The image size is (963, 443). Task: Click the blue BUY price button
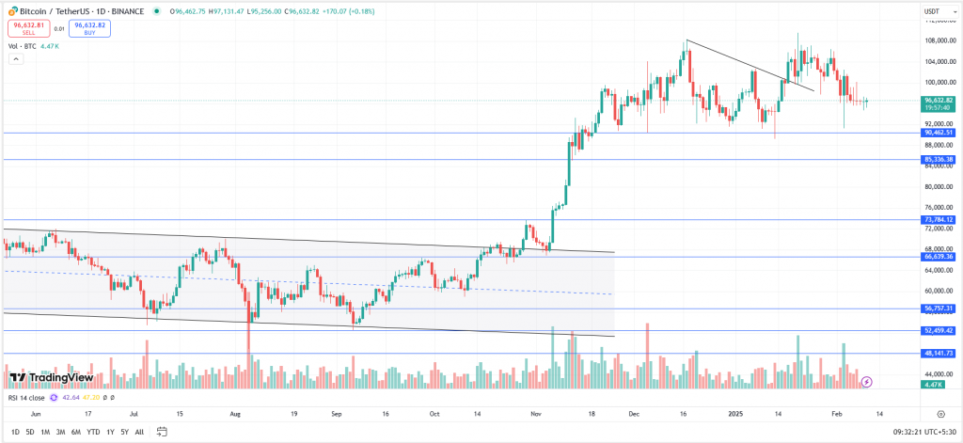(x=89, y=28)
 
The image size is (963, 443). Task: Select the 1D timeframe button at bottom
(x=14, y=432)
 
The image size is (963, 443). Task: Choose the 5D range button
(x=30, y=432)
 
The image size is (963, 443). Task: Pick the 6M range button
(x=75, y=432)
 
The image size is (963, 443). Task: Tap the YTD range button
(x=93, y=432)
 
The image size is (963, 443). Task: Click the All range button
(x=139, y=432)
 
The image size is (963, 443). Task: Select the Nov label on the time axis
(x=536, y=413)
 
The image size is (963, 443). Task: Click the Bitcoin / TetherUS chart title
(x=54, y=10)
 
